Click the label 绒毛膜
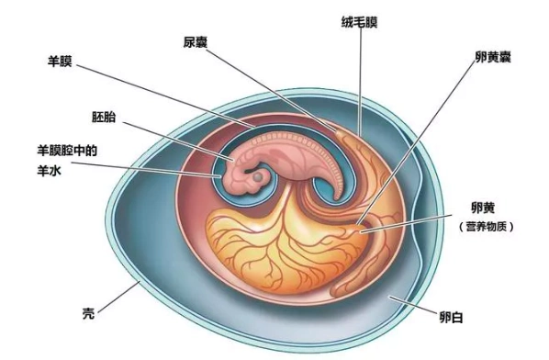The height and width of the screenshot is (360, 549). tap(359, 18)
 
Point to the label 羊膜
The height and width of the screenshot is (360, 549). tap(61, 63)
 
